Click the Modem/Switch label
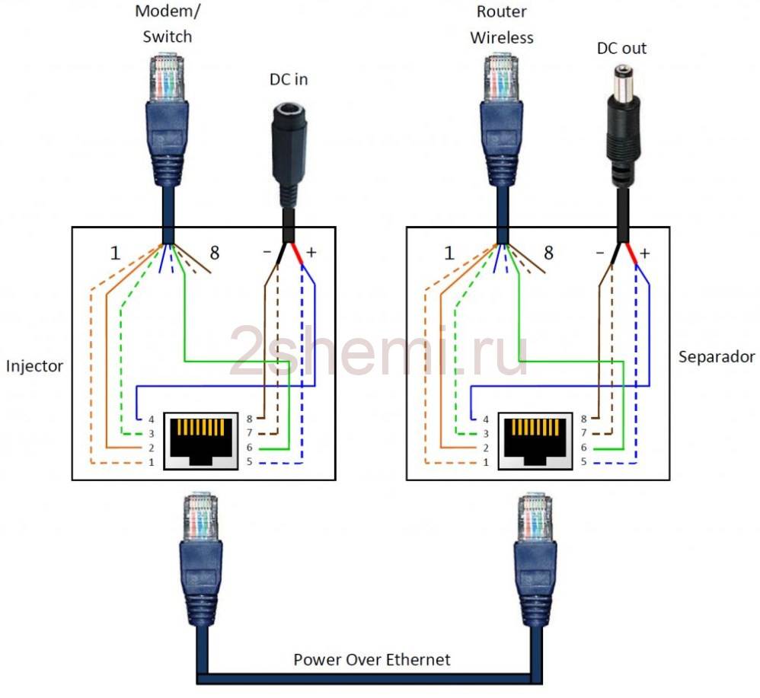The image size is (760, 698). click(x=164, y=24)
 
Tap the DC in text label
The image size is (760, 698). click(x=289, y=79)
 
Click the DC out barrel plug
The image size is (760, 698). click(x=622, y=122)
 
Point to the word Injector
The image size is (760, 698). click(x=34, y=366)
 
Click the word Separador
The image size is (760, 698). click(x=716, y=356)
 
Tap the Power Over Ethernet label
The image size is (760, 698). click(x=372, y=659)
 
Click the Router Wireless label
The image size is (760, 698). click(x=501, y=24)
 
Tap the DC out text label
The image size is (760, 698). click(x=622, y=48)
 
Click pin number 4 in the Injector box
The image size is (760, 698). click(x=151, y=419)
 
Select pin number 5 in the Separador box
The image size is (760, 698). click(x=584, y=461)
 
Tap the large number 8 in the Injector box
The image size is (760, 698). click(x=214, y=253)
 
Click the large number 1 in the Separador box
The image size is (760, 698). click(x=449, y=253)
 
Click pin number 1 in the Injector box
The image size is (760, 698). click(x=151, y=461)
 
